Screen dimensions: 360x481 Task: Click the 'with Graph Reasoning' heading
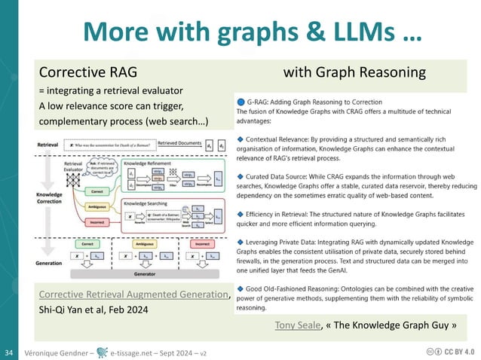354,73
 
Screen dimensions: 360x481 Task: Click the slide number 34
11,352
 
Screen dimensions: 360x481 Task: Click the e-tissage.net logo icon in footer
98,352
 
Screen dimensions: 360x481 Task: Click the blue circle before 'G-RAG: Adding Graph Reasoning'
240,102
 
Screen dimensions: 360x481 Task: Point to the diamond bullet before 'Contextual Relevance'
240,141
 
